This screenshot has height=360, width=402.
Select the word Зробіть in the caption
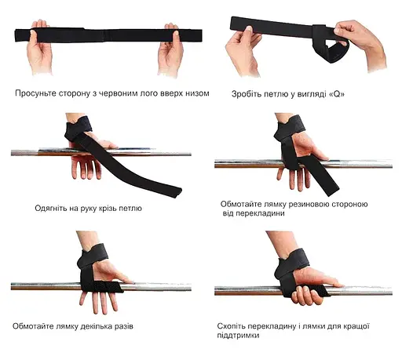[246, 93]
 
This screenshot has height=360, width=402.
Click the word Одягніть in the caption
[53, 209]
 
